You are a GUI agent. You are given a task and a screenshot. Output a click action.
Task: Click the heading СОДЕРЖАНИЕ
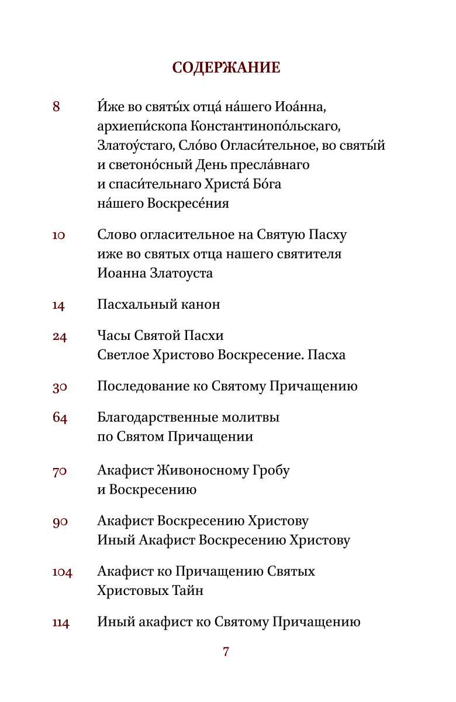[x=226, y=68]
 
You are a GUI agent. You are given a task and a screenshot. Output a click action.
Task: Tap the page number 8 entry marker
[x=56, y=107]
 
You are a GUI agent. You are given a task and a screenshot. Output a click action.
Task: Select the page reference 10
[x=58, y=236]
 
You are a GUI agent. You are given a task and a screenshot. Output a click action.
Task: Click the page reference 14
[x=58, y=305]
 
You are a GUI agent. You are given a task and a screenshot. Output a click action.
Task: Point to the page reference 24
[x=60, y=336]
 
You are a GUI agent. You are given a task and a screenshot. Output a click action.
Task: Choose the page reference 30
[x=60, y=387]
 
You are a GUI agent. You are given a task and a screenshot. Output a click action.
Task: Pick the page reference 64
[x=60, y=418]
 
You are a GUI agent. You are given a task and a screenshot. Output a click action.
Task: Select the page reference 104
[x=62, y=572]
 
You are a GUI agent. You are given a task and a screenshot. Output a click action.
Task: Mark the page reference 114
[x=61, y=623]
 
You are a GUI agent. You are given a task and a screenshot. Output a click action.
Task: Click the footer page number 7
[x=226, y=652]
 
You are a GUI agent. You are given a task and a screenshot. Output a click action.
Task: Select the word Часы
[x=114, y=336]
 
